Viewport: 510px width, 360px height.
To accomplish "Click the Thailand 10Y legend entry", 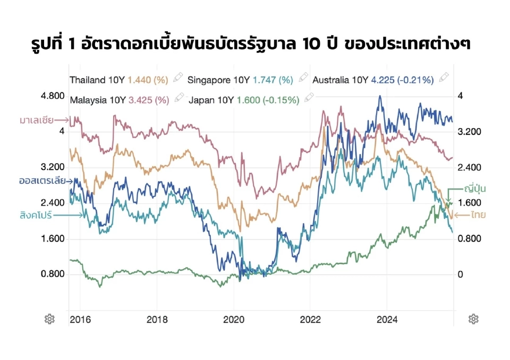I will (x=119, y=80).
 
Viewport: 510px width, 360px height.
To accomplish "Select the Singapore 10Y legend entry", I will (x=240, y=80).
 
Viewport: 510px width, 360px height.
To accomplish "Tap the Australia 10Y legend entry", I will (x=373, y=80).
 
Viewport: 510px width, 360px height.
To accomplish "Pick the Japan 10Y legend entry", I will (x=244, y=99).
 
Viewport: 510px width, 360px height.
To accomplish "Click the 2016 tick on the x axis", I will (x=80, y=320).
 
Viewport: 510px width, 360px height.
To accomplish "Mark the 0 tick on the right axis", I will (x=460, y=274).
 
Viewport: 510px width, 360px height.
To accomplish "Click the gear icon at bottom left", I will (x=49, y=319).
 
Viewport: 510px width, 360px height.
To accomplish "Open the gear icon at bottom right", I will (x=473, y=319).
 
